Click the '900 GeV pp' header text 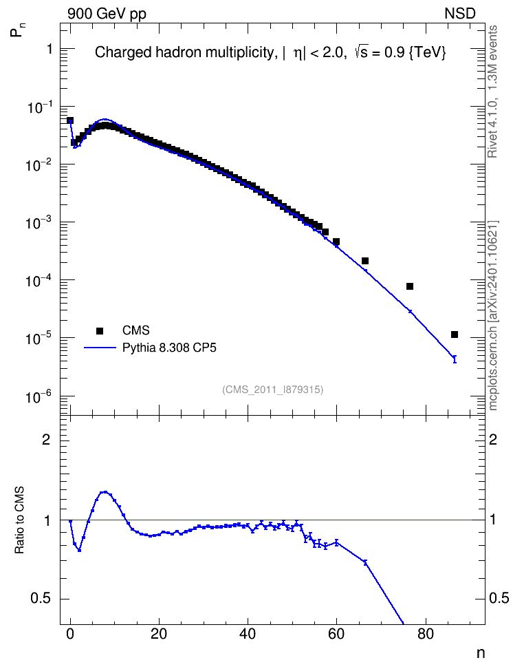pyautogui.click(x=107, y=14)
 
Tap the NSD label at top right pyautogui.click(x=459, y=14)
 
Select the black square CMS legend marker pyautogui.click(x=100, y=330)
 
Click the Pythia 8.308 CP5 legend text pyautogui.click(x=169, y=348)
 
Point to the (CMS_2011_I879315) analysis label pyautogui.click(x=272, y=390)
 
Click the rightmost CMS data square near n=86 pyautogui.click(x=454, y=334)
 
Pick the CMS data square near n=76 pyautogui.click(x=410, y=286)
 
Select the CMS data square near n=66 pyautogui.click(x=365, y=261)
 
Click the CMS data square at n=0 pyautogui.click(x=70, y=120)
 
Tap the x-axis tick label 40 pyautogui.click(x=248, y=634)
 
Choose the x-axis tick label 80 pyautogui.click(x=425, y=634)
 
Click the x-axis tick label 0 pyautogui.click(x=70, y=634)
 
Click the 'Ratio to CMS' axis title pyautogui.click(x=19, y=520)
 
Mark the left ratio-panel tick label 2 pyautogui.click(x=46, y=439)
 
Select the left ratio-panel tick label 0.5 pyautogui.click(x=41, y=599)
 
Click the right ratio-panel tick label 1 pyautogui.click(x=493, y=520)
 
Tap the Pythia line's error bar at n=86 pyautogui.click(x=455, y=359)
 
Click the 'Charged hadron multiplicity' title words pyautogui.click(x=184, y=52)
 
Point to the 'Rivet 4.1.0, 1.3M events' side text pyautogui.click(x=492, y=92)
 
